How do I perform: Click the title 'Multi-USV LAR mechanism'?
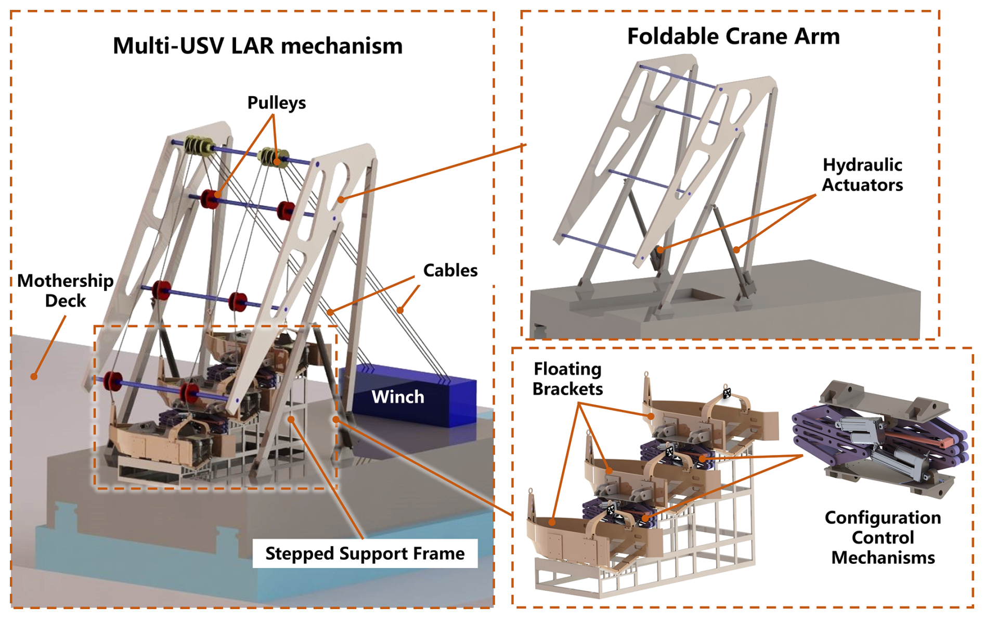tap(257, 46)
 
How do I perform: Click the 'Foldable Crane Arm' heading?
tap(733, 36)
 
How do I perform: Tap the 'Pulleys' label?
tap(276, 103)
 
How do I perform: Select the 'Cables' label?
tap(450, 270)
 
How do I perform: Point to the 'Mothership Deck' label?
tap(65, 290)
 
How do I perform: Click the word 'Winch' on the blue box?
tap(397, 397)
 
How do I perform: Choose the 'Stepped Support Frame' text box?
tap(365, 553)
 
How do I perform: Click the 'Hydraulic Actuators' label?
tap(862, 175)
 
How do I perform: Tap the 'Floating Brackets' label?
tap(567, 378)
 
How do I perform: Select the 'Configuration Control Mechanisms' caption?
tap(883, 537)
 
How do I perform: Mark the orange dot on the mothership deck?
tap(34, 376)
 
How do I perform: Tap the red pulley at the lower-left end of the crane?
tap(112, 381)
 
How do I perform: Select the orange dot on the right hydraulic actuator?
tap(736, 250)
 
